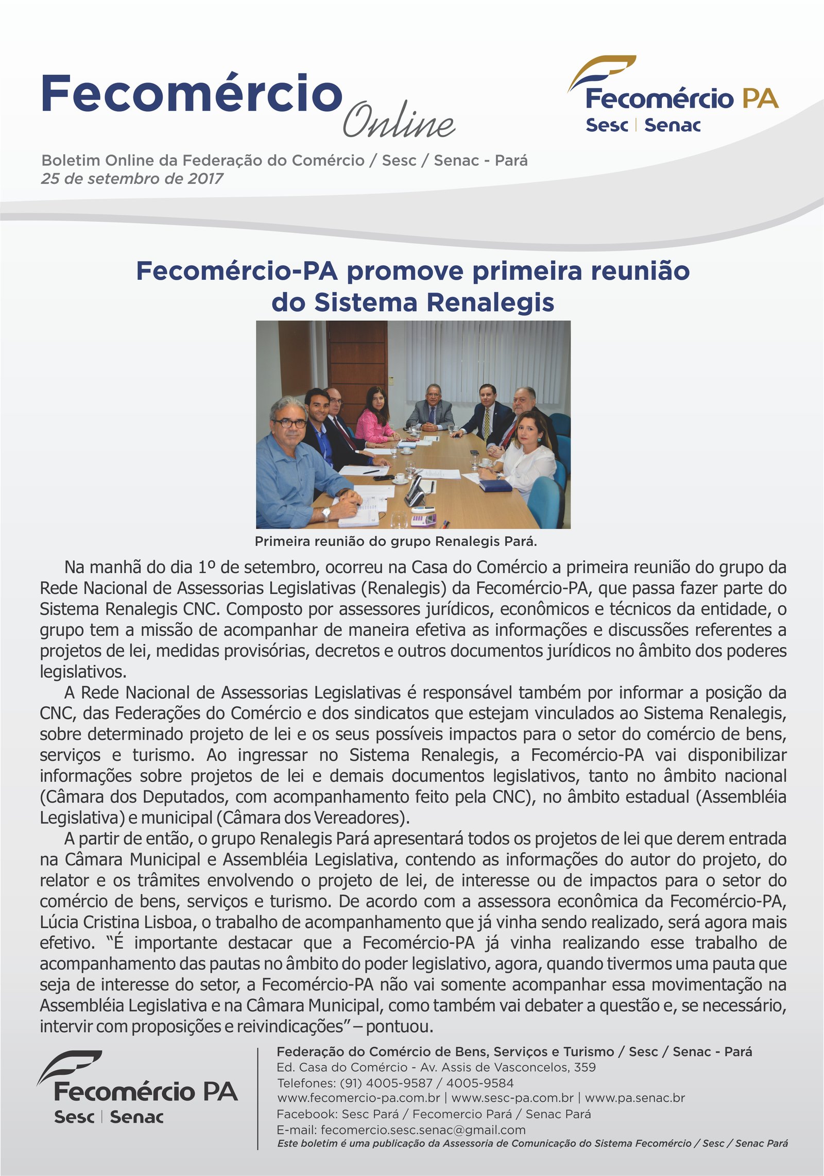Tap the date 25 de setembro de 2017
(132, 179)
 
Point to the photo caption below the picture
(396, 541)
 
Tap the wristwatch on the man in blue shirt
(325, 513)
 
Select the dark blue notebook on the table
(495, 485)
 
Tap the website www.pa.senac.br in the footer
(634, 1098)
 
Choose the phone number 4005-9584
(479, 1083)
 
